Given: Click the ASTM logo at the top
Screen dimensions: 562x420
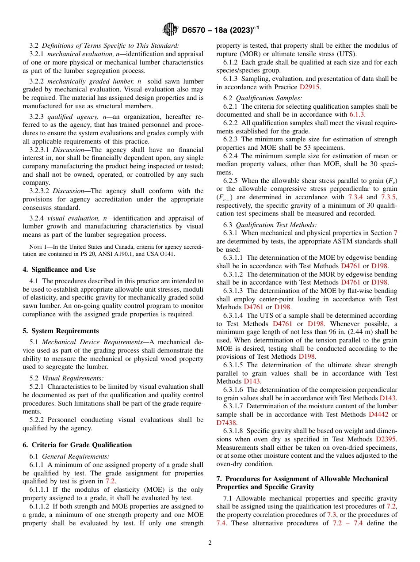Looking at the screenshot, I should coord(171,30).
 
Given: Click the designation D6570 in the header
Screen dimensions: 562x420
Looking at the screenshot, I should coord(197,30).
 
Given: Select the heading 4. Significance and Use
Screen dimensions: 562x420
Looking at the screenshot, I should coord(59,270).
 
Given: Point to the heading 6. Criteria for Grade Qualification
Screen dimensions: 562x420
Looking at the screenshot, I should coord(77,445).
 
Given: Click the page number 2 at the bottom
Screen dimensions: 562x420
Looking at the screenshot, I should coord(210,543).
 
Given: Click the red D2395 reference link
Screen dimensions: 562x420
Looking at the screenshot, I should coord(386,439).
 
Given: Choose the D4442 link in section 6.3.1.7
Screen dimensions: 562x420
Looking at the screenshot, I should coord(379,414).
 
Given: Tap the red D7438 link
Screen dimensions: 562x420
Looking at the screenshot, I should coord(226,423).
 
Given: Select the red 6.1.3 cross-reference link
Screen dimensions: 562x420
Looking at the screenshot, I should coord(357,114).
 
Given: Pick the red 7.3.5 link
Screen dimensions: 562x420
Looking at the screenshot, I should coord(389,197).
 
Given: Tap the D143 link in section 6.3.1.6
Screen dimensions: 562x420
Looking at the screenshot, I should coord(388,398).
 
